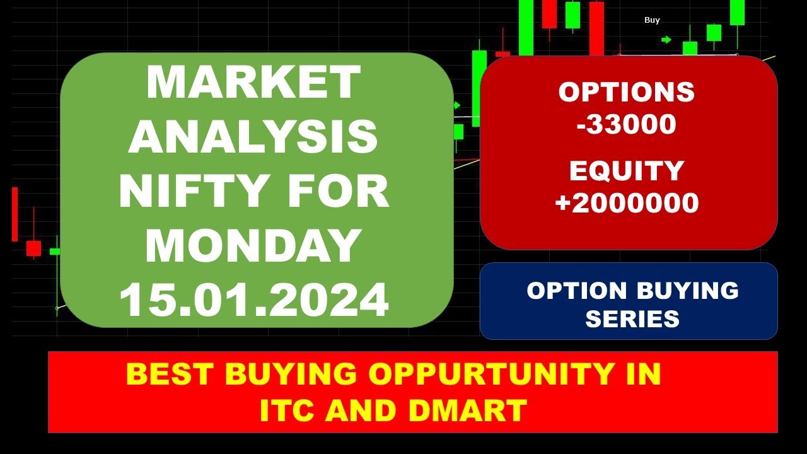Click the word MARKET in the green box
pyautogui.click(x=253, y=83)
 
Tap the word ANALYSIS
pyautogui.click(x=253, y=137)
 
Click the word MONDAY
pyautogui.click(x=253, y=246)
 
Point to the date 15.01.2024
pyautogui.click(x=253, y=300)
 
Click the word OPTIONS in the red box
pyautogui.click(x=627, y=93)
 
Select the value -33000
pyautogui.click(x=627, y=124)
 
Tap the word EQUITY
pyautogui.click(x=627, y=171)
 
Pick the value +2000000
pyautogui.click(x=627, y=203)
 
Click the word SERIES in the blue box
pyautogui.click(x=632, y=318)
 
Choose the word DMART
pyautogui.click(x=467, y=411)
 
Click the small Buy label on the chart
pyautogui.click(x=652, y=20)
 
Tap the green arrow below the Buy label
pyautogui.click(x=666, y=40)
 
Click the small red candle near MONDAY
pyautogui.click(x=33, y=248)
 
